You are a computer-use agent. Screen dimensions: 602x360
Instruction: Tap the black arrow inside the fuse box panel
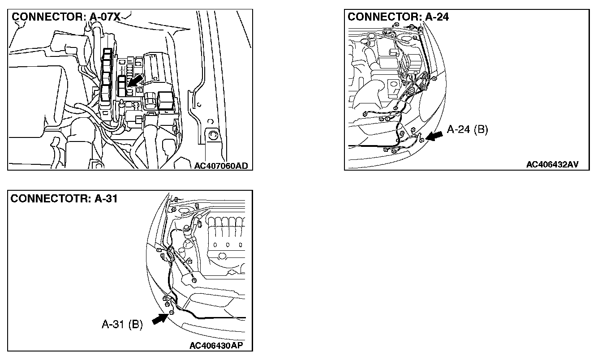(x=134, y=81)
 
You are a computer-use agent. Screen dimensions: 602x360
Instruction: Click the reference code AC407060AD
(x=221, y=166)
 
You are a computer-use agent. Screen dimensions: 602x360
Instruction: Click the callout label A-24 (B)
(x=467, y=130)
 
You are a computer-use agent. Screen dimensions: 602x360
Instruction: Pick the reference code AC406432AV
(x=552, y=165)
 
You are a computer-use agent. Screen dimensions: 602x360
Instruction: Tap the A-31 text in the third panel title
(x=106, y=198)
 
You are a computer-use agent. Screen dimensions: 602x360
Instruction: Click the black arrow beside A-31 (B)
(x=159, y=318)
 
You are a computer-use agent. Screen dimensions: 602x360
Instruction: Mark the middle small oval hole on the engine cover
(x=228, y=245)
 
